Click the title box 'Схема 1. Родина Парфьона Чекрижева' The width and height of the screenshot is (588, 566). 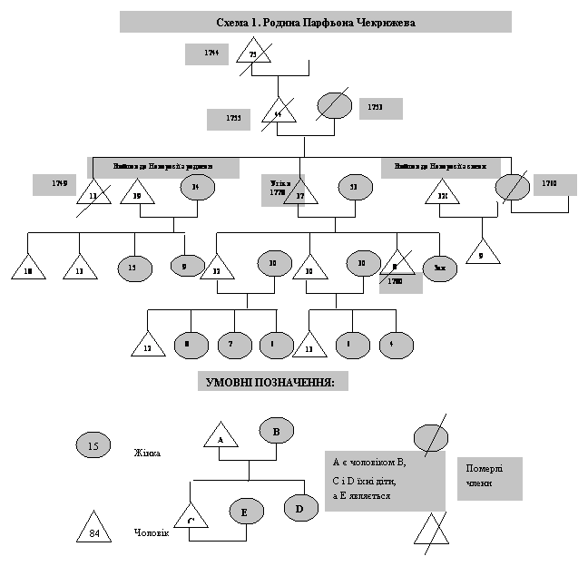tap(316, 22)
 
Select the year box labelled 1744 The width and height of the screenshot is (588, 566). tap(206, 54)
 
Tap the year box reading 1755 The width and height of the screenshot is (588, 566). tap(228, 120)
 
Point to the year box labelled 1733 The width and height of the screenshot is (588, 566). tap(380, 108)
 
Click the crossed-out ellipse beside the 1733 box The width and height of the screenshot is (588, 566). tap(334, 105)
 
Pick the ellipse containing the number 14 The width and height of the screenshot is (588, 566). tap(196, 188)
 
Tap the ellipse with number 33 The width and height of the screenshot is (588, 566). tap(355, 187)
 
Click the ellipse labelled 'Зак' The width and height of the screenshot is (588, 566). tap(440, 268)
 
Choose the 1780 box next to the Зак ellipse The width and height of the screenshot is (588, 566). tap(400, 283)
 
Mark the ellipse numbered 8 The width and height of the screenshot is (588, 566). tap(188, 345)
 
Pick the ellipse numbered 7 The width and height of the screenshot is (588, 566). tap(233, 346)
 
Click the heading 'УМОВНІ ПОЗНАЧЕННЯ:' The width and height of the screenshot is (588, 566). tap(273, 382)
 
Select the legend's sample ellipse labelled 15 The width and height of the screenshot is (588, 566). tap(93, 445)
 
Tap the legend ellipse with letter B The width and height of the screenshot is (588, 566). tap(277, 431)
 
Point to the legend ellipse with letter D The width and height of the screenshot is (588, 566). tap(300, 508)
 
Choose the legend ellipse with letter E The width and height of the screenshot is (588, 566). tap(245, 512)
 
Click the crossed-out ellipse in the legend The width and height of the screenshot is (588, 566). tap(431, 438)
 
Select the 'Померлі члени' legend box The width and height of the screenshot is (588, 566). tap(489, 477)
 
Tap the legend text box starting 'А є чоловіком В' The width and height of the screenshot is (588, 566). tap(385, 481)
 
